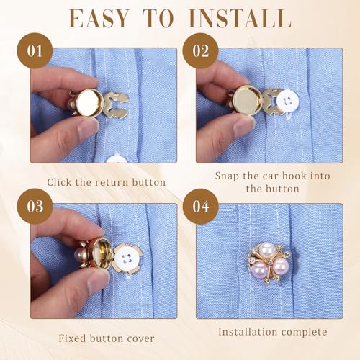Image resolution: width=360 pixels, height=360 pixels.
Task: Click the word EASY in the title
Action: click(99, 19)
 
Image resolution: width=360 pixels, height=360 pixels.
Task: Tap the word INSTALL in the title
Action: click(240, 19)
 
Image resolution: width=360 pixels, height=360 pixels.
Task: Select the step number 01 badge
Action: click(35, 50)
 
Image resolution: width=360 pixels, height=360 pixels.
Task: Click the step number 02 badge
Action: click(200, 50)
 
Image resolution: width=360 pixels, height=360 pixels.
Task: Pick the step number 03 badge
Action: click(35, 207)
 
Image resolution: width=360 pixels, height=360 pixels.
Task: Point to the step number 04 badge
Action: click(201, 207)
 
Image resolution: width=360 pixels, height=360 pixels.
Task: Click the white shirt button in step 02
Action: click(286, 102)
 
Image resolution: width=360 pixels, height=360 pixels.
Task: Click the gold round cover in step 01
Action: click(88, 102)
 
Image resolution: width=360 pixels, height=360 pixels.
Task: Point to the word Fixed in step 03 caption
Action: click(73, 338)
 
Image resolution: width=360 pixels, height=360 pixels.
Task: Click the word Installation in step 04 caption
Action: click(248, 332)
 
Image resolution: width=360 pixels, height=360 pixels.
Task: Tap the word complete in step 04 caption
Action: click(305, 333)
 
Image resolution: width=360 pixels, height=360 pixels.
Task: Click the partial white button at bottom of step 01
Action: click(117, 159)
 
